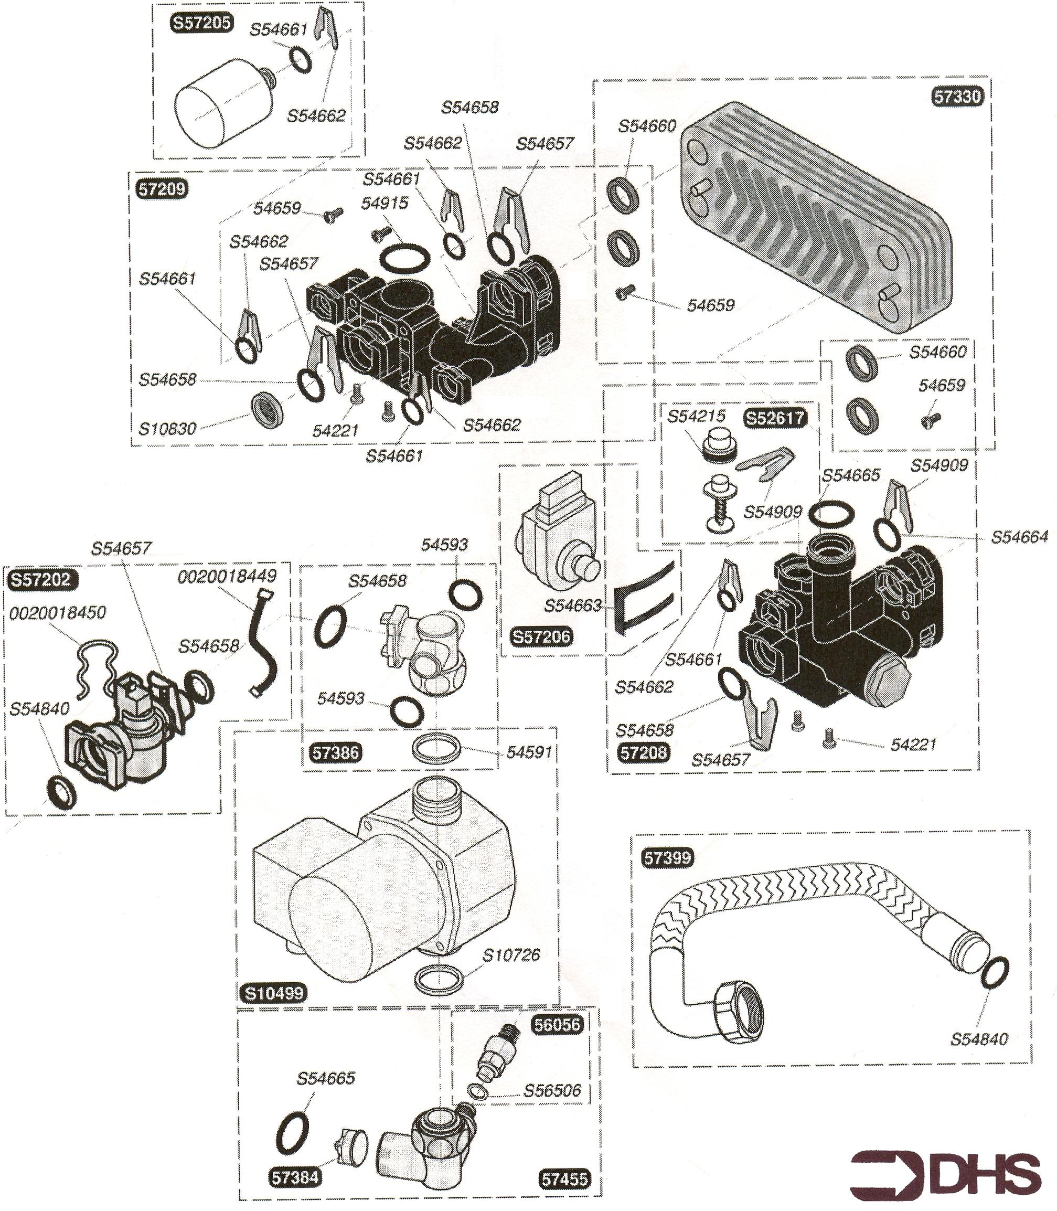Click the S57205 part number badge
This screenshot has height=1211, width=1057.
point(201,24)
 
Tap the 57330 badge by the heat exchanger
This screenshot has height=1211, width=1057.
point(957,97)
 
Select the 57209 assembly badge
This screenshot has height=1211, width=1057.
point(162,189)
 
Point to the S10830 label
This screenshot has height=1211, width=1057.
point(167,429)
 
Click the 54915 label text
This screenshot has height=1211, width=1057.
point(385,203)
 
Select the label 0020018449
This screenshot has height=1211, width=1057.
point(227,576)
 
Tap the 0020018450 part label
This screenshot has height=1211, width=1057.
point(57,613)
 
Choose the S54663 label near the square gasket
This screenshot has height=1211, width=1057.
point(573,606)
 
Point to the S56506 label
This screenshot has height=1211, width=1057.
point(552,1091)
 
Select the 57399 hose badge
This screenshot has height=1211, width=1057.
point(667,857)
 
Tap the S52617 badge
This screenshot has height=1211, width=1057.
point(774,418)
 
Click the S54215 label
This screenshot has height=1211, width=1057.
point(696,416)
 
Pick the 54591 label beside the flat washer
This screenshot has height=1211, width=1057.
point(529,752)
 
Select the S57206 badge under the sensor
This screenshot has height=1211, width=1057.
point(541,637)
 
